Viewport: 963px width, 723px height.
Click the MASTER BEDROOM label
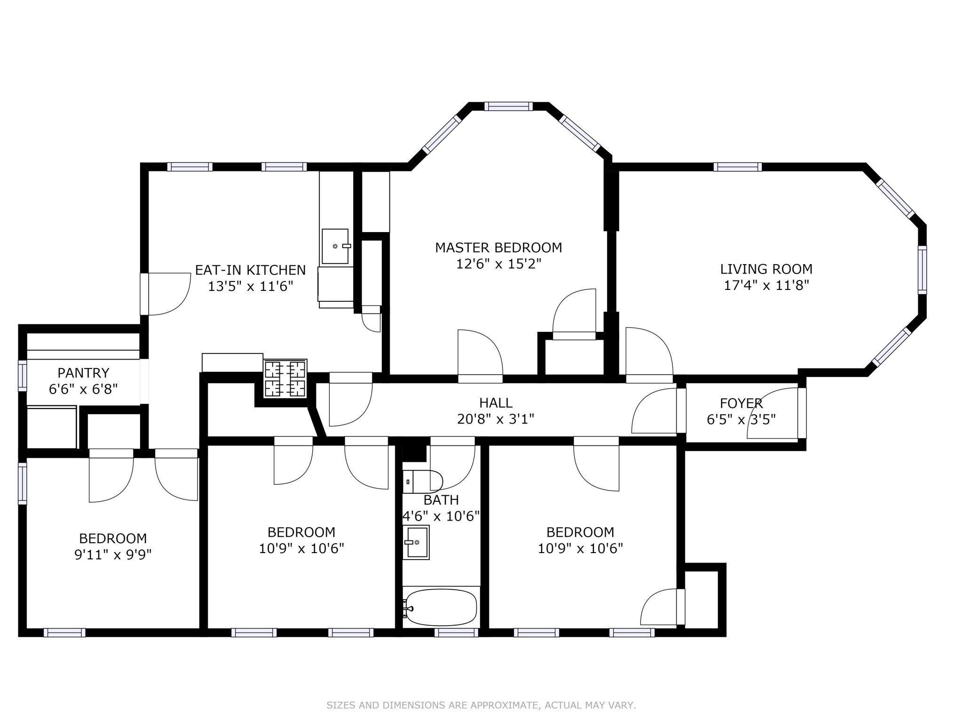click(498, 247)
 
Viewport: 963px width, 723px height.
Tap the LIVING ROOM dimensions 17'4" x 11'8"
click(766, 285)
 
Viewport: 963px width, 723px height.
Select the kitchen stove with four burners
click(285, 379)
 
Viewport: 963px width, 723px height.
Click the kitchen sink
click(335, 246)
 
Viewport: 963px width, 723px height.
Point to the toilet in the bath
click(423, 482)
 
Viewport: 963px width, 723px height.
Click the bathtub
click(441, 608)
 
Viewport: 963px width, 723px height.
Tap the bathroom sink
click(416, 542)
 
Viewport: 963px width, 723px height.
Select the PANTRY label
click(83, 373)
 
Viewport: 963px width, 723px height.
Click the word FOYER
click(741, 403)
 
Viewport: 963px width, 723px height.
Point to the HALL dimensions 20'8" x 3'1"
click(496, 418)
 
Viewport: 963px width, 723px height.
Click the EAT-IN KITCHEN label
click(250, 270)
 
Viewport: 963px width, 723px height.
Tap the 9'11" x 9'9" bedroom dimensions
click(113, 554)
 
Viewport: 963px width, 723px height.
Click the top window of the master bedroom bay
click(508, 106)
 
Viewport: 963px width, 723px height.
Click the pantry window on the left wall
click(22, 375)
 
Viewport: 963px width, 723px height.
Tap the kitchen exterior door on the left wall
click(145, 294)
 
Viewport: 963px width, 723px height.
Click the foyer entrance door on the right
click(802, 413)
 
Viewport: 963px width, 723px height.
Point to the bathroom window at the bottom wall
click(456, 633)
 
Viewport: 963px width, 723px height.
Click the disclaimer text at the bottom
click(481, 705)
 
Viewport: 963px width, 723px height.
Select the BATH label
click(441, 499)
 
